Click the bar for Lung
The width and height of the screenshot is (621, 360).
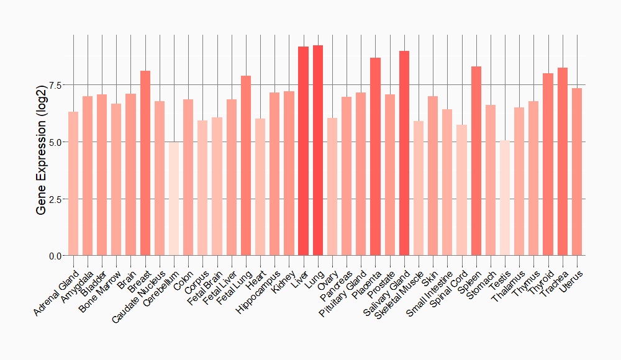coord(318,150)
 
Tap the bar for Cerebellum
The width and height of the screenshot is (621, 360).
coord(174,199)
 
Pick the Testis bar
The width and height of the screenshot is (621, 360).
coord(505,198)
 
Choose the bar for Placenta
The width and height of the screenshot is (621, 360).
coord(375,156)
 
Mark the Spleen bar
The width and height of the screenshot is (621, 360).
coord(476,161)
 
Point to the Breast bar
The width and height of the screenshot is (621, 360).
coord(145,163)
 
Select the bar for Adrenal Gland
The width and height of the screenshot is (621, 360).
coord(73,184)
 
